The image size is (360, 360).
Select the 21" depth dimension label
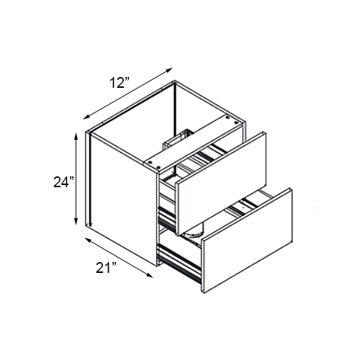point(106,269)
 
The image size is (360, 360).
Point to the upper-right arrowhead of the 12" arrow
point(171,68)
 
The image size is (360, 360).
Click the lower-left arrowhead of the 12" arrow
point(86,117)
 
